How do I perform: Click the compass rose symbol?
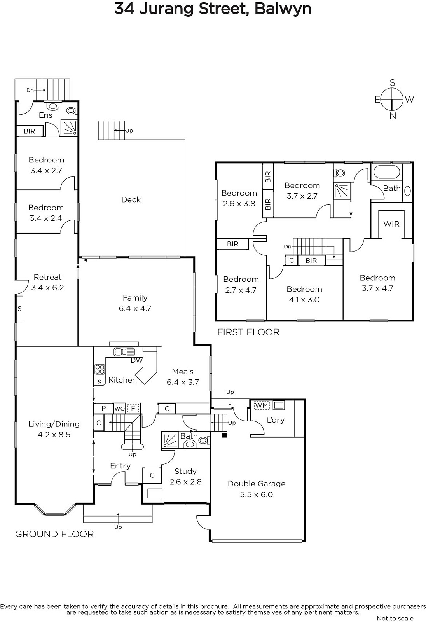tap(392, 99)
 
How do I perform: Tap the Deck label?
tap(131, 199)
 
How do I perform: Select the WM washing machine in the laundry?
tap(262, 405)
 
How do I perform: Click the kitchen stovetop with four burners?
tap(100, 370)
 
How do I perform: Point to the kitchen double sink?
tap(124, 352)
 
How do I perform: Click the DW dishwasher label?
tap(137, 360)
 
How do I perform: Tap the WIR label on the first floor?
tap(391, 224)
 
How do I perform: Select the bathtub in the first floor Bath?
tap(386, 173)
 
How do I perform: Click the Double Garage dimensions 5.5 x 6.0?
tap(256, 494)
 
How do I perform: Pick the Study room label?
tap(185, 471)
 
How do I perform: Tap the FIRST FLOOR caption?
tap(248, 332)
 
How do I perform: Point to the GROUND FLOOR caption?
tap(54, 534)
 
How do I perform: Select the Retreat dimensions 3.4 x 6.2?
tap(47, 287)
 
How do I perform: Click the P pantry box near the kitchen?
tap(103, 408)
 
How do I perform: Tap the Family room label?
tap(135, 298)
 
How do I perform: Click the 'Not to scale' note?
tap(395, 618)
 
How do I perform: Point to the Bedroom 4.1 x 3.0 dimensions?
tap(304, 300)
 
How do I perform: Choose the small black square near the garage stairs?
tap(225, 435)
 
